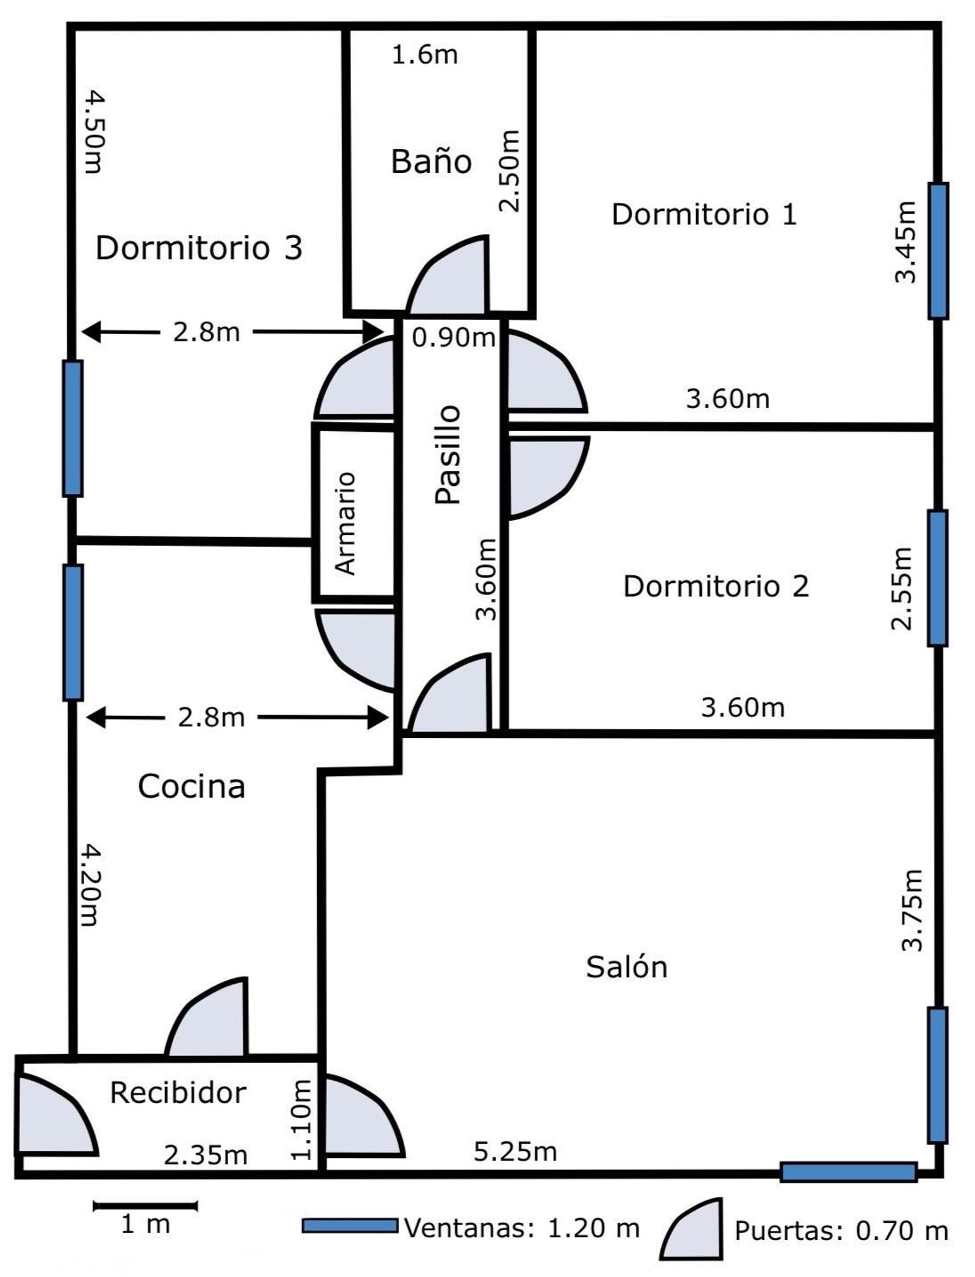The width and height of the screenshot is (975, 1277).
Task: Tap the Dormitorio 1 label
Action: [704, 215]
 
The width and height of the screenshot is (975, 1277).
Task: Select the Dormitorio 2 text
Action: [716, 586]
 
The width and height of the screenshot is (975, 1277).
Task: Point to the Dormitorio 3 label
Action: [199, 248]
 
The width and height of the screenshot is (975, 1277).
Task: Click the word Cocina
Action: [191, 786]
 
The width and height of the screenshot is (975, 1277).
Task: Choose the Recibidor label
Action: [177, 1092]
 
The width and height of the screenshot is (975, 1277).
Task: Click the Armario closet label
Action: [345, 523]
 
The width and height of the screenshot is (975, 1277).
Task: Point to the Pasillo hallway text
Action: [447, 454]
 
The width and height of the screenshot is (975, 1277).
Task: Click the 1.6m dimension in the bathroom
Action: [424, 54]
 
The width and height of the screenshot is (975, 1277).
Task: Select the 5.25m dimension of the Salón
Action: [515, 1152]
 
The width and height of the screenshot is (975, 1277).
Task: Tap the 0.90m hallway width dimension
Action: [454, 337]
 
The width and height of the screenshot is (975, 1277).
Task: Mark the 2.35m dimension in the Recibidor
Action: [205, 1155]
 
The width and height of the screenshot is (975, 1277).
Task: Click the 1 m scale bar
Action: [145, 1206]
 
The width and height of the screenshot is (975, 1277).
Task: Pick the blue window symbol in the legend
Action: [350, 1226]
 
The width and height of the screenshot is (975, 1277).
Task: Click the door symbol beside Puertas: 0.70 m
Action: [692, 1229]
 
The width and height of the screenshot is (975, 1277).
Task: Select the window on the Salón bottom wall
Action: [848, 1172]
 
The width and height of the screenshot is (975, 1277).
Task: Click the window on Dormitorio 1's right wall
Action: [937, 251]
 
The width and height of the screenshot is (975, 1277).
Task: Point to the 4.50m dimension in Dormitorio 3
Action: [94, 131]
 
